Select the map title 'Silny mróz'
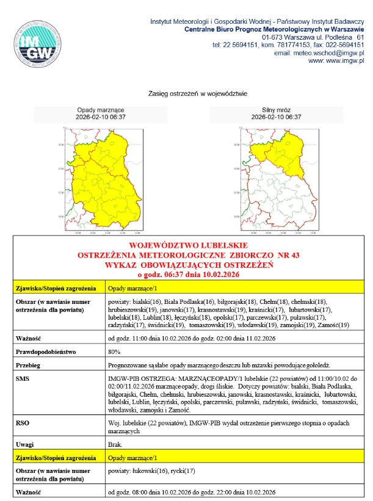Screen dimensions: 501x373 [x=276, y=110]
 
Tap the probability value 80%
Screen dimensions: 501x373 [x=114, y=351]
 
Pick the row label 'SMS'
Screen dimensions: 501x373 [x=24, y=378]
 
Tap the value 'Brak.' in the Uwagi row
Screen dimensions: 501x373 [x=115, y=444]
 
